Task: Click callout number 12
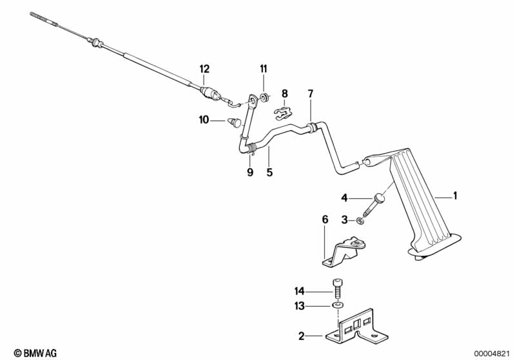point(204,69)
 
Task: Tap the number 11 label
point(264,69)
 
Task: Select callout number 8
point(285,93)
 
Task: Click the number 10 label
point(204,119)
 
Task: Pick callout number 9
point(249,172)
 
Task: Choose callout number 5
point(270,172)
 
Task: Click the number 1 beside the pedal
point(455,195)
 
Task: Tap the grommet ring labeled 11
point(264,98)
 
